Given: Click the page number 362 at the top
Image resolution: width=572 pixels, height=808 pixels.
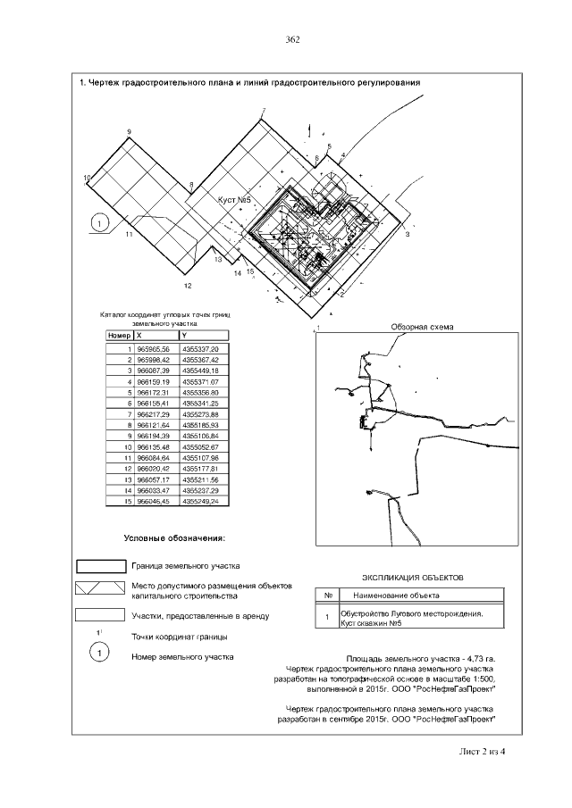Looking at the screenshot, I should pos(291,39).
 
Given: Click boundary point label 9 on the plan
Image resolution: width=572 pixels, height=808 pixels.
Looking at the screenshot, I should pos(130,132).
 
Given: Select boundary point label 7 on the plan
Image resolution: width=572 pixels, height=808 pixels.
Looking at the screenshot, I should pos(264,111).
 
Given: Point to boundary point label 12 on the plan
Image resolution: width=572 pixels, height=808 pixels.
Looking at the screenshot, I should pos(187,286).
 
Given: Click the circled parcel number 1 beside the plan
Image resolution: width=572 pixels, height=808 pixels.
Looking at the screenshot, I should pos(99,221).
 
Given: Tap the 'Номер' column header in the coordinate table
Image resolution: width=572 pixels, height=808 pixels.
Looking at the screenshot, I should pos(119,336).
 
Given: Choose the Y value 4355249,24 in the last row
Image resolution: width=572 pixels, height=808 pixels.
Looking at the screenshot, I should pos(200,500).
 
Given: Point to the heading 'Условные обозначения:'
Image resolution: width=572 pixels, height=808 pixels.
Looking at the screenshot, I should pos(174,539).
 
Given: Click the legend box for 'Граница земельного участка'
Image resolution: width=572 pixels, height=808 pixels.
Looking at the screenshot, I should pos(99,566).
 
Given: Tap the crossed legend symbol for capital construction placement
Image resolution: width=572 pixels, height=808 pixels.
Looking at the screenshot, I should pos(99,589).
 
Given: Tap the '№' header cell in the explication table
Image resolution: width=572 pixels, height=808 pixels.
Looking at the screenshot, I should pos(328,595).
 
